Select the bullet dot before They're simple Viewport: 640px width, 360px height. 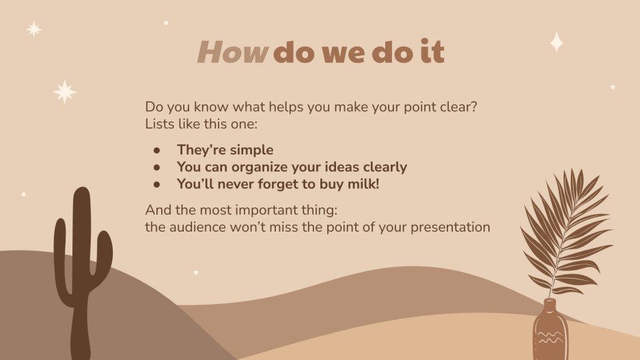(x=156, y=150)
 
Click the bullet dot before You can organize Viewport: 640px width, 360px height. (x=156, y=167)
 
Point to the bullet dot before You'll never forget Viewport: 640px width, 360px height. (x=156, y=184)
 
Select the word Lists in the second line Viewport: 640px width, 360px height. (x=159, y=124)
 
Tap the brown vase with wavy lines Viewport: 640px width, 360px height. (x=549, y=331)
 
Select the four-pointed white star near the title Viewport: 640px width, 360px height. (x=557, y=42)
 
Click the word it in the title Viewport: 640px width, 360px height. (x=432, y=53)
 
